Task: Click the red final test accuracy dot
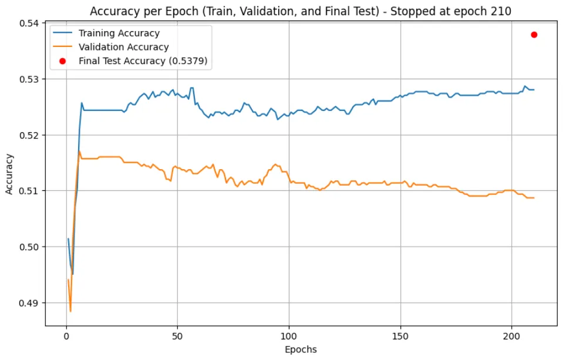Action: (534, 35)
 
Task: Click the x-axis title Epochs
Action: (300, 349)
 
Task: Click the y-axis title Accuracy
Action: (9, 174)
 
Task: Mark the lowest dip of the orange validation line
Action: (70, 311)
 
